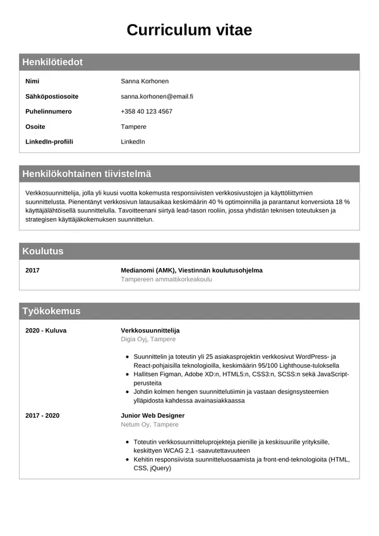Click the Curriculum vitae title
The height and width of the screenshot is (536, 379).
coord(189,30)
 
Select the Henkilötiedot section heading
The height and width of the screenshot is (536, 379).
coord(52,63)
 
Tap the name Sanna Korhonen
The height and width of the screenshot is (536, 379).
coord(145,82)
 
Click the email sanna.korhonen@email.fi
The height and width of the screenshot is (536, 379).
coord(157,97)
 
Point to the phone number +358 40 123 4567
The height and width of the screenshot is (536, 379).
coord(147,112)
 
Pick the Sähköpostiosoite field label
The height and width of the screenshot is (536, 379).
coord(52,97)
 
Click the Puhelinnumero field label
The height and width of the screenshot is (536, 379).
coord(49,112)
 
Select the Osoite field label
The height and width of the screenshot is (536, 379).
coord(35,127)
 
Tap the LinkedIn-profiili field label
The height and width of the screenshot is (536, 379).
coord(49,142)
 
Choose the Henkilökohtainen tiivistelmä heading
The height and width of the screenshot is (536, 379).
coord(87,174)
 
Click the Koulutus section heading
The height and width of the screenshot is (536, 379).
coord(43,252)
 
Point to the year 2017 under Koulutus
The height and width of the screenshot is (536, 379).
coord(32,271)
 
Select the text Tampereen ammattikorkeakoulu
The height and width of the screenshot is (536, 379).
coord(166,279)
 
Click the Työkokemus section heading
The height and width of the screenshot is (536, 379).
coord(51,312)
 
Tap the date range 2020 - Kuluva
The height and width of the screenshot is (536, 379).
coord(45,331)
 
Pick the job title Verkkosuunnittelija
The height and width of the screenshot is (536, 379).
coord(150,331)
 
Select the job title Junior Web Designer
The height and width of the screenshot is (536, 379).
coord(153,416)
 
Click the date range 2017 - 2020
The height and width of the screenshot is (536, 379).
coord(42,416)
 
